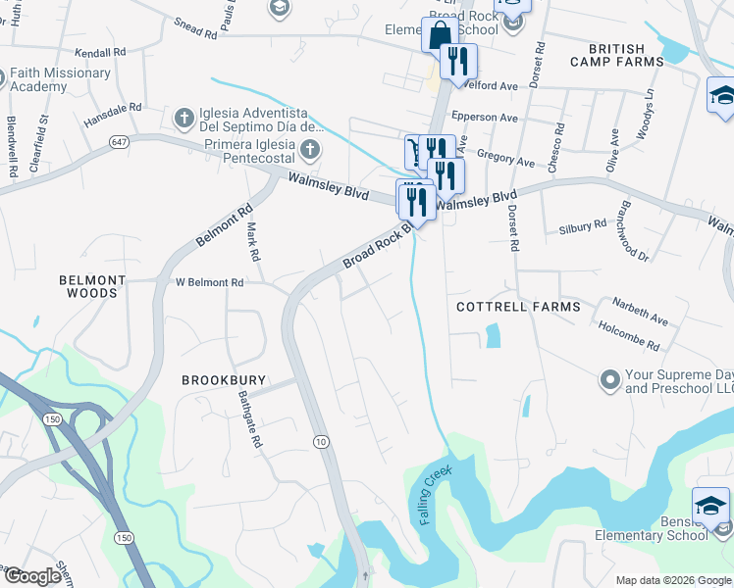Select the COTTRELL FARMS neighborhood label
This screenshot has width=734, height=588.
pos(518,307)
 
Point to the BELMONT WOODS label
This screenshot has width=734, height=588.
pos(95,286)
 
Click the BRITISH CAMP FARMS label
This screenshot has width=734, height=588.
pos(616,55)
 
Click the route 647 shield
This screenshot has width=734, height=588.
pos(118,142)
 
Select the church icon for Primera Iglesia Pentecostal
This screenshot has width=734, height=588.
pos(310,150)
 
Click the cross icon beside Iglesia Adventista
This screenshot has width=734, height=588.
pos(183,119)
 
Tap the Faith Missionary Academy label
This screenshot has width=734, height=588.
pos(60,79)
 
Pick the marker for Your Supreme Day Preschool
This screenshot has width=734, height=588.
pos(609,377)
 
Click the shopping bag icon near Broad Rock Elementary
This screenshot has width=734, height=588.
pos(437,36)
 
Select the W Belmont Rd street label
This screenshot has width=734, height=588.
pos(209,282)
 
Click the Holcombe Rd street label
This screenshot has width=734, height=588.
pos(628,340)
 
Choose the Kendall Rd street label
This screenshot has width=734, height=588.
pos(100,50)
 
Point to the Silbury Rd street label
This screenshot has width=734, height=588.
pos(583,224)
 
